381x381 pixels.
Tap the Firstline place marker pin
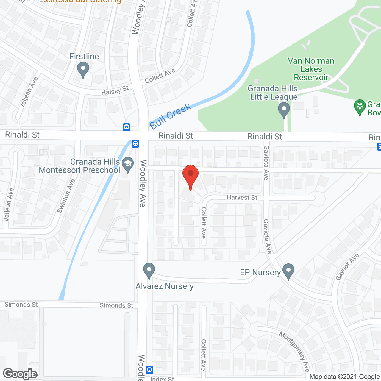click(83, 70)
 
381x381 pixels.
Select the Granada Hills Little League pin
click(284, 110)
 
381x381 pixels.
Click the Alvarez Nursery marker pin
click(149, 271)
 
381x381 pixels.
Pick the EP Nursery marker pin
click(288, 271)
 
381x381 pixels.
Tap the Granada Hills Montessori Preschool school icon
click(128, 165)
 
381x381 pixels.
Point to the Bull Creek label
click(170, 116)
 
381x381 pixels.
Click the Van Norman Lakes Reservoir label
click(311, 69)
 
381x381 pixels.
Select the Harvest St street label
click(242, 197)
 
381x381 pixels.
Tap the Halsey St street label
click(115, 90)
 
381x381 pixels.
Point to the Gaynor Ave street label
click(347, 267)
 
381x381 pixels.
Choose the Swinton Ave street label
click(66, 196)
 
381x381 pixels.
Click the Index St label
click(162, 379)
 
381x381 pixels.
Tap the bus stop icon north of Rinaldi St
click(127, 127)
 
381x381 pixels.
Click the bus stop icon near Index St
click(150, 370)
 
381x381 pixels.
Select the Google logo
click(20, 374)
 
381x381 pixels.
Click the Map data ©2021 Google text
click(344, 377)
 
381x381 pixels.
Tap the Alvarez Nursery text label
click(165, 286)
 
